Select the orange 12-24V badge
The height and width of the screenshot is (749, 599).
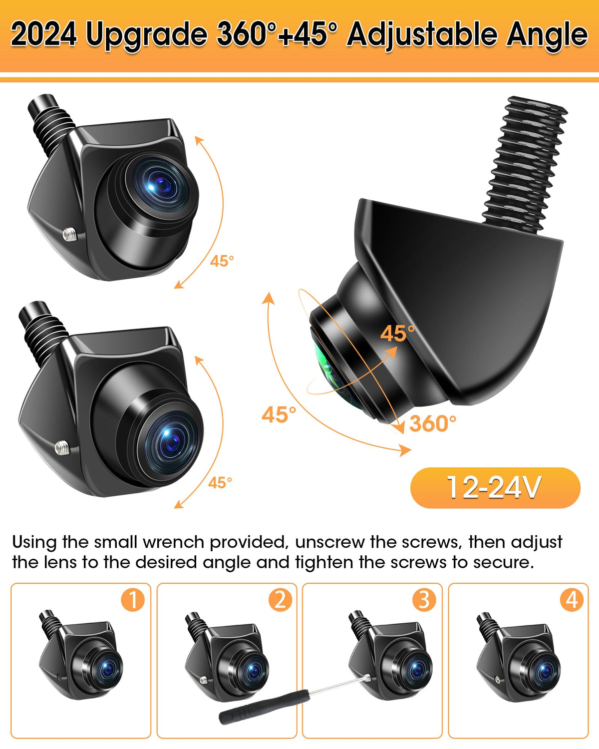[x=495, y=488]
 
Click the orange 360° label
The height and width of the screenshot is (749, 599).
[x=432, y=423]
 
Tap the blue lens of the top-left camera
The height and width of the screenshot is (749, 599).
[x=161, y=184]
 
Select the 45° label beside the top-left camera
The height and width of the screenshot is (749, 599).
[x=222, y=261]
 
